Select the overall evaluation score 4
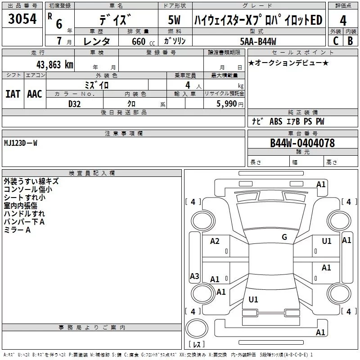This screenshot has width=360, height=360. [x=343, y=21]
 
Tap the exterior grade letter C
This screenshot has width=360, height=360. [x=335, y=41]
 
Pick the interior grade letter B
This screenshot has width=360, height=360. [x=350, y=41]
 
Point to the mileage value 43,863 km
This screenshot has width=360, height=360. [x=53, y=64]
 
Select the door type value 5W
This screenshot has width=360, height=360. [x=175, y=21]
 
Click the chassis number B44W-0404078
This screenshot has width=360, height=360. [x=302, y=143]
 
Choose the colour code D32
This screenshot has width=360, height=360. [x=75, y=103]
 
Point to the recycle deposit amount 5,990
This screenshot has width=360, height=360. [x=226, y=103]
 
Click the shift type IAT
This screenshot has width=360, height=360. [x=13, y=94]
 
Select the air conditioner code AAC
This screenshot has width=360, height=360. [x=35, y=94]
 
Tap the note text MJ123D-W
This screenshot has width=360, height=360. [x=21, y=143]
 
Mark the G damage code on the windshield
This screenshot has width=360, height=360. [x=284, y=237]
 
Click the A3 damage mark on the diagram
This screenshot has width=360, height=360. [x=194, y=276]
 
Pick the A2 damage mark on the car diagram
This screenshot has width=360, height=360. [x=215, y=241]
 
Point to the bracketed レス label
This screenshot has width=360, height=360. [x=197, y=345]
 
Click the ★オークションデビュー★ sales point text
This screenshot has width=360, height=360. [x=288, y=63]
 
